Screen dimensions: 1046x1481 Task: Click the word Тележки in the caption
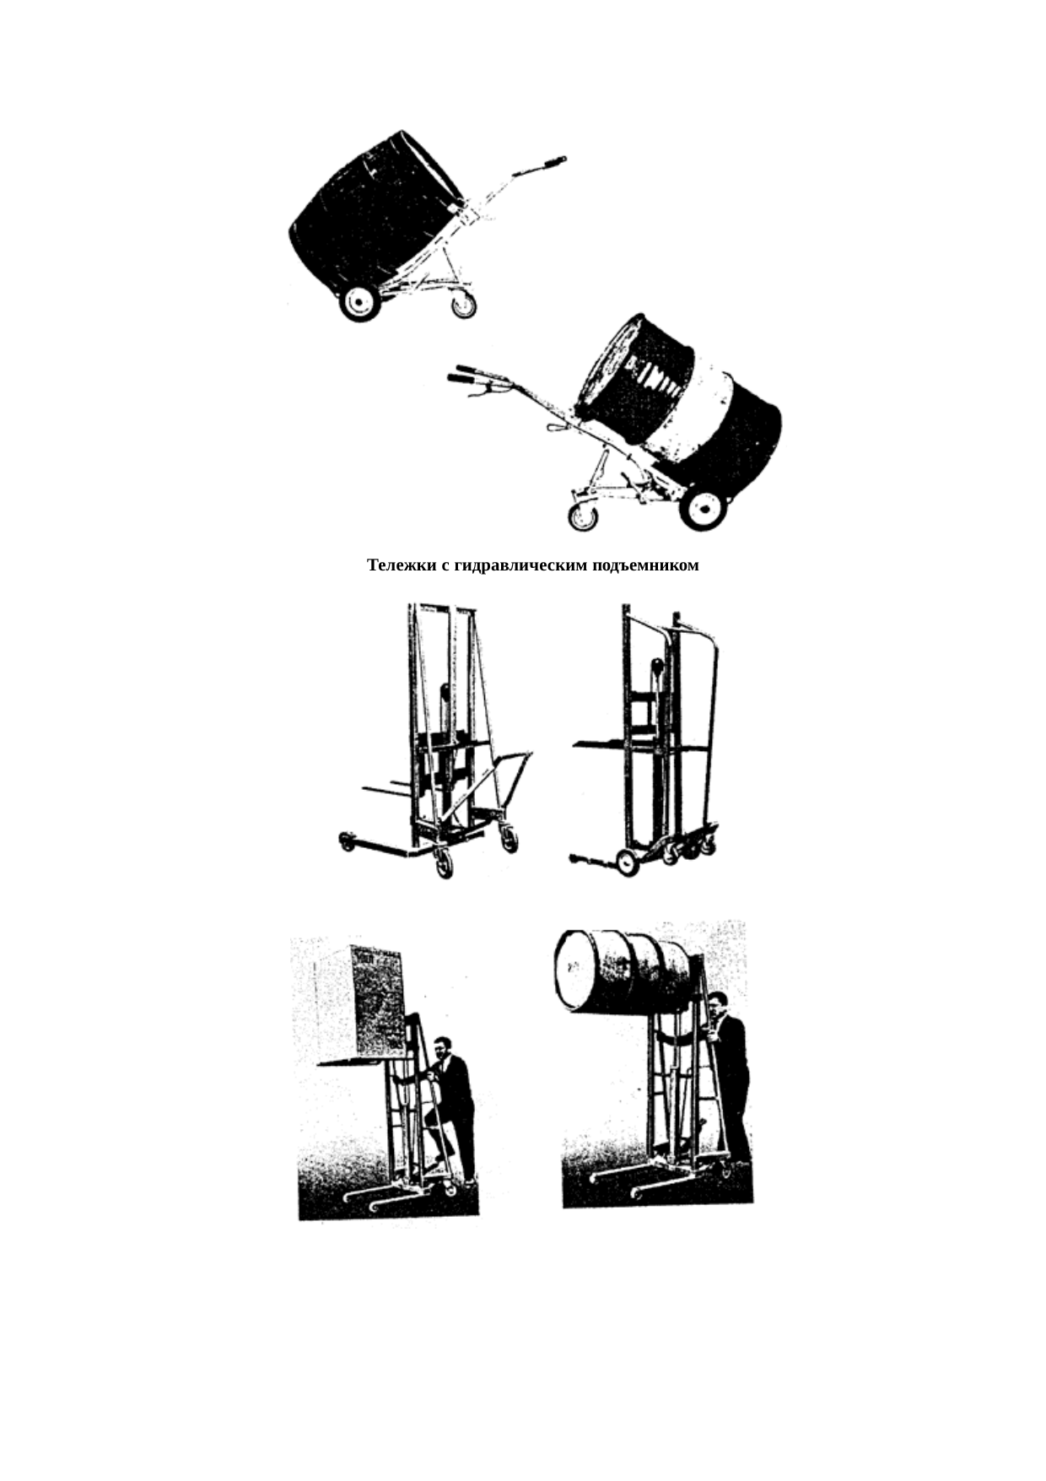[x=401, y=565]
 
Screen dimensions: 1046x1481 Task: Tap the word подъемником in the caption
[x=642, y=566]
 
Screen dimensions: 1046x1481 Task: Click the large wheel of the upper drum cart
[x=360, y=302]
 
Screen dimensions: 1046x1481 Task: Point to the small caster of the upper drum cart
[x=463, y=304]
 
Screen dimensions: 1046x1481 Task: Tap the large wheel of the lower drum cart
[x=704, y=508]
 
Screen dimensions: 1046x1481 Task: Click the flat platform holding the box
[x=363, y=1061]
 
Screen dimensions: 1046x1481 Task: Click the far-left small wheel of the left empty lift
[x=346, y=841]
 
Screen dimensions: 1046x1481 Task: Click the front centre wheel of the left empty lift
[x=443, y=863]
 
